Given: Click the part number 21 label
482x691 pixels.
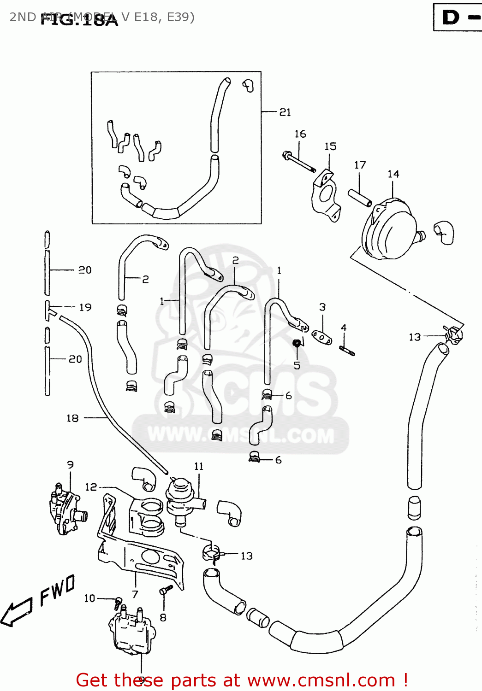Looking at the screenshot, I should click(x=285, y=112).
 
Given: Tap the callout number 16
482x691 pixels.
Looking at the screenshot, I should click(x=300, y=134).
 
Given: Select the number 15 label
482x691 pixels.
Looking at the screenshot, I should click(x=330, y=146).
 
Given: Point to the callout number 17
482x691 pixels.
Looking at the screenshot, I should click(x=360, y=165).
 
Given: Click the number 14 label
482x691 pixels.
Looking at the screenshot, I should click(x=393, y=174).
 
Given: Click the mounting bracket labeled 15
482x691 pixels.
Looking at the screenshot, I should click(x=327, y=196).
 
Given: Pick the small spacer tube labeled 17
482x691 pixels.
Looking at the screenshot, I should click(x=360, y=198).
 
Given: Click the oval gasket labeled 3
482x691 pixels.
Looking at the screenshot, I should click(x=321, y=337).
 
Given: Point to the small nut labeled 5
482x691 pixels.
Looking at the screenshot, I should click(x=298, y=343).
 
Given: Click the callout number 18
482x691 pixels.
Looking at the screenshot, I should click(x=72, y=418).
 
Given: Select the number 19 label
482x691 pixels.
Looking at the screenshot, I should click(x=85, y=307).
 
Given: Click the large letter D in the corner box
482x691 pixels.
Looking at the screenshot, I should click(x=451, y=18).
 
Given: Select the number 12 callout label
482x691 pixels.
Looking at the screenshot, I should click(x=91, y=487).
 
